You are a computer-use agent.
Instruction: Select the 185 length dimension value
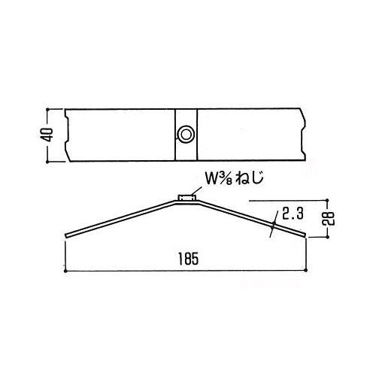(189, 259)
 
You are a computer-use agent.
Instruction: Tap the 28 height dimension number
(329, 219)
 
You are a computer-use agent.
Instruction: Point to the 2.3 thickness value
(293, 214)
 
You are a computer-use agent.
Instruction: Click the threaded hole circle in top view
(186, 135)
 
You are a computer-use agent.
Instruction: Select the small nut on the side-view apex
(186, 198)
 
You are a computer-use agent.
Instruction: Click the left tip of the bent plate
(66, 236)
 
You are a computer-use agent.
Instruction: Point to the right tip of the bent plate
(305, 235)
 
